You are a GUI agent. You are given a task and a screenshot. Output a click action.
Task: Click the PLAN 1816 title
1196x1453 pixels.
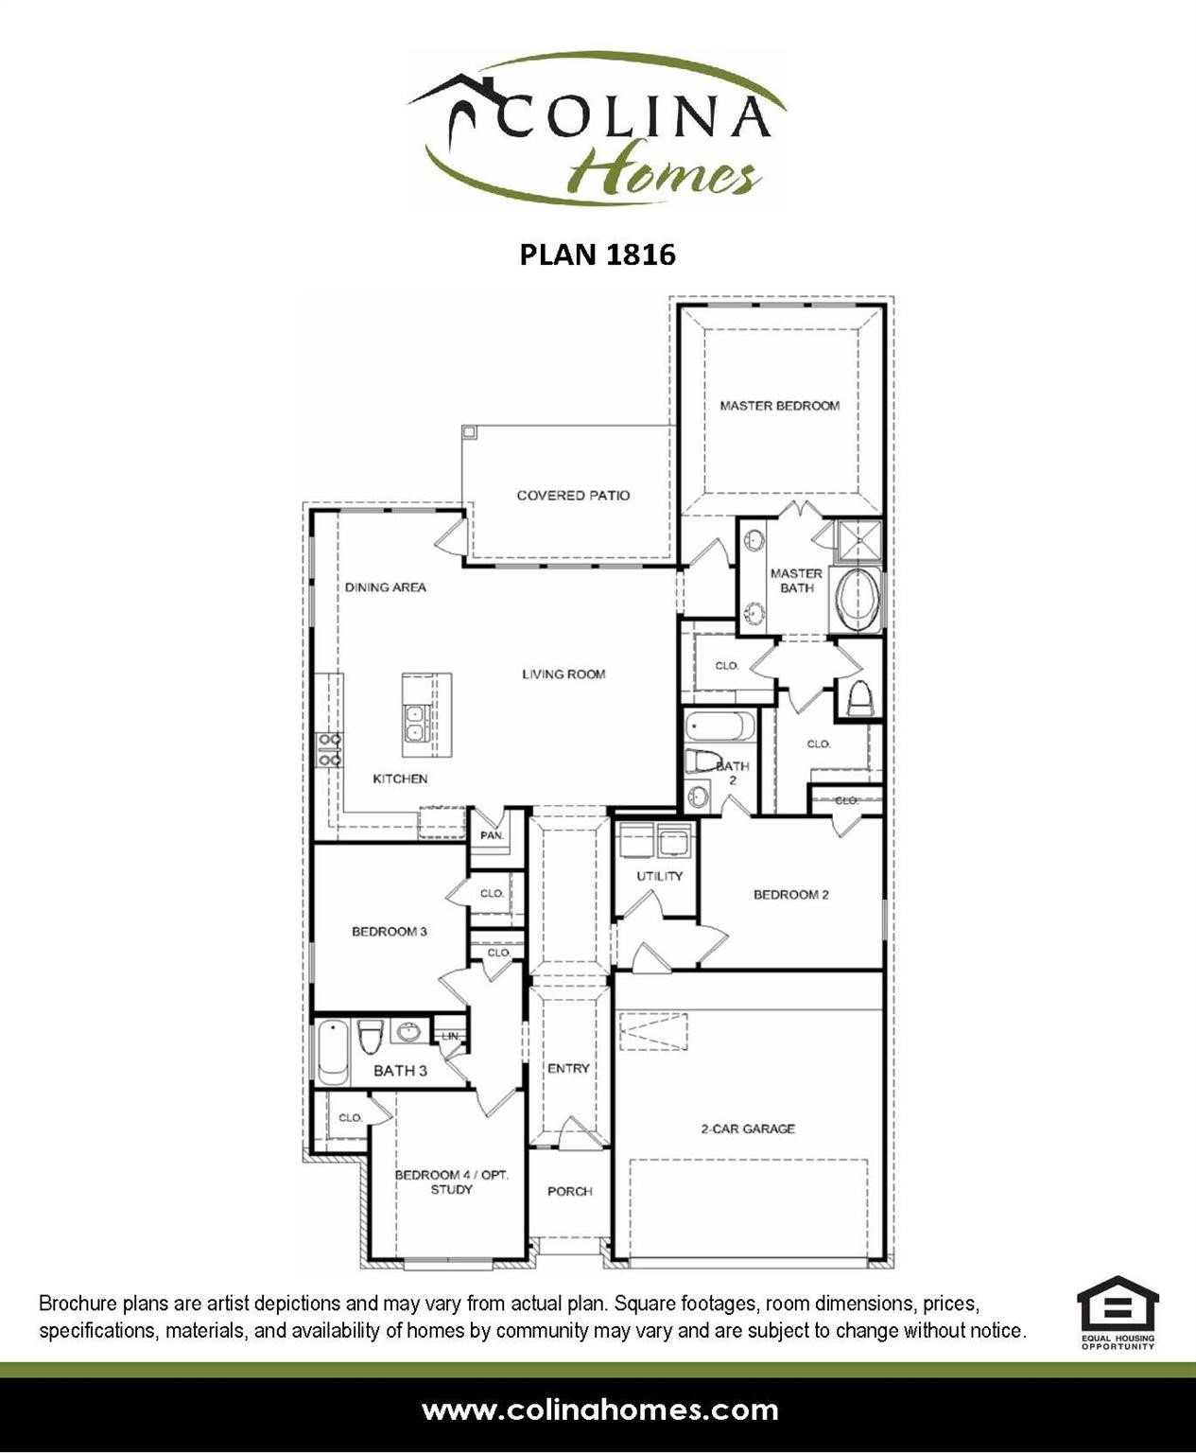[598, 254]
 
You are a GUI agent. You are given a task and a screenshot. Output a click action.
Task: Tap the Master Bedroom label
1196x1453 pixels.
[779, 406]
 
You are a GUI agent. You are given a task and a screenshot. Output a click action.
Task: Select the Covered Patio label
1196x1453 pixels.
[573, 496]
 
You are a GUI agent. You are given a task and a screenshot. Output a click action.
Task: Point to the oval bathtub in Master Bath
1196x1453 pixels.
[857, 601]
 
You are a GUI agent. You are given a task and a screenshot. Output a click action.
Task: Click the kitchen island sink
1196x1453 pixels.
[415, 724]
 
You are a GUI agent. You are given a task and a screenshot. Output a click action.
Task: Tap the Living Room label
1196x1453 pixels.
[563, 674]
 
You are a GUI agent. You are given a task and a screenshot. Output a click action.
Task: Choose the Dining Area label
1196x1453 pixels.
[385, 587]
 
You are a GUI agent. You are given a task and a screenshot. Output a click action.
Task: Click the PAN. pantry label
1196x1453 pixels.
[492, 836]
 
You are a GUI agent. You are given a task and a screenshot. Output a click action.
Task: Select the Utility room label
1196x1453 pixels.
[659, 876]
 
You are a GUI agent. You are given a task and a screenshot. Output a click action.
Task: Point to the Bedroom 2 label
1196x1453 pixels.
[790, 895]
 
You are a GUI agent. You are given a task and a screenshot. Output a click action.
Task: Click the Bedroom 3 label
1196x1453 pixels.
[390, 932]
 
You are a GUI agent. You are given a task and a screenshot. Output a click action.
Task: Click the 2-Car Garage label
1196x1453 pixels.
[747, 1129]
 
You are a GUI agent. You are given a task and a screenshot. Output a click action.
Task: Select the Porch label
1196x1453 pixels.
[569, 1192]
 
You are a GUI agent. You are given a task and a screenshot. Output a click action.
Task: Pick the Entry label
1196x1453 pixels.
[568, 1069]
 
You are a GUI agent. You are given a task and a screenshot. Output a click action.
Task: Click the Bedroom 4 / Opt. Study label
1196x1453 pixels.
[451, 1182]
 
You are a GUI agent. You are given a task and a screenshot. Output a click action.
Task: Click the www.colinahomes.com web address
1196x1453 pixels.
[599, 1410]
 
